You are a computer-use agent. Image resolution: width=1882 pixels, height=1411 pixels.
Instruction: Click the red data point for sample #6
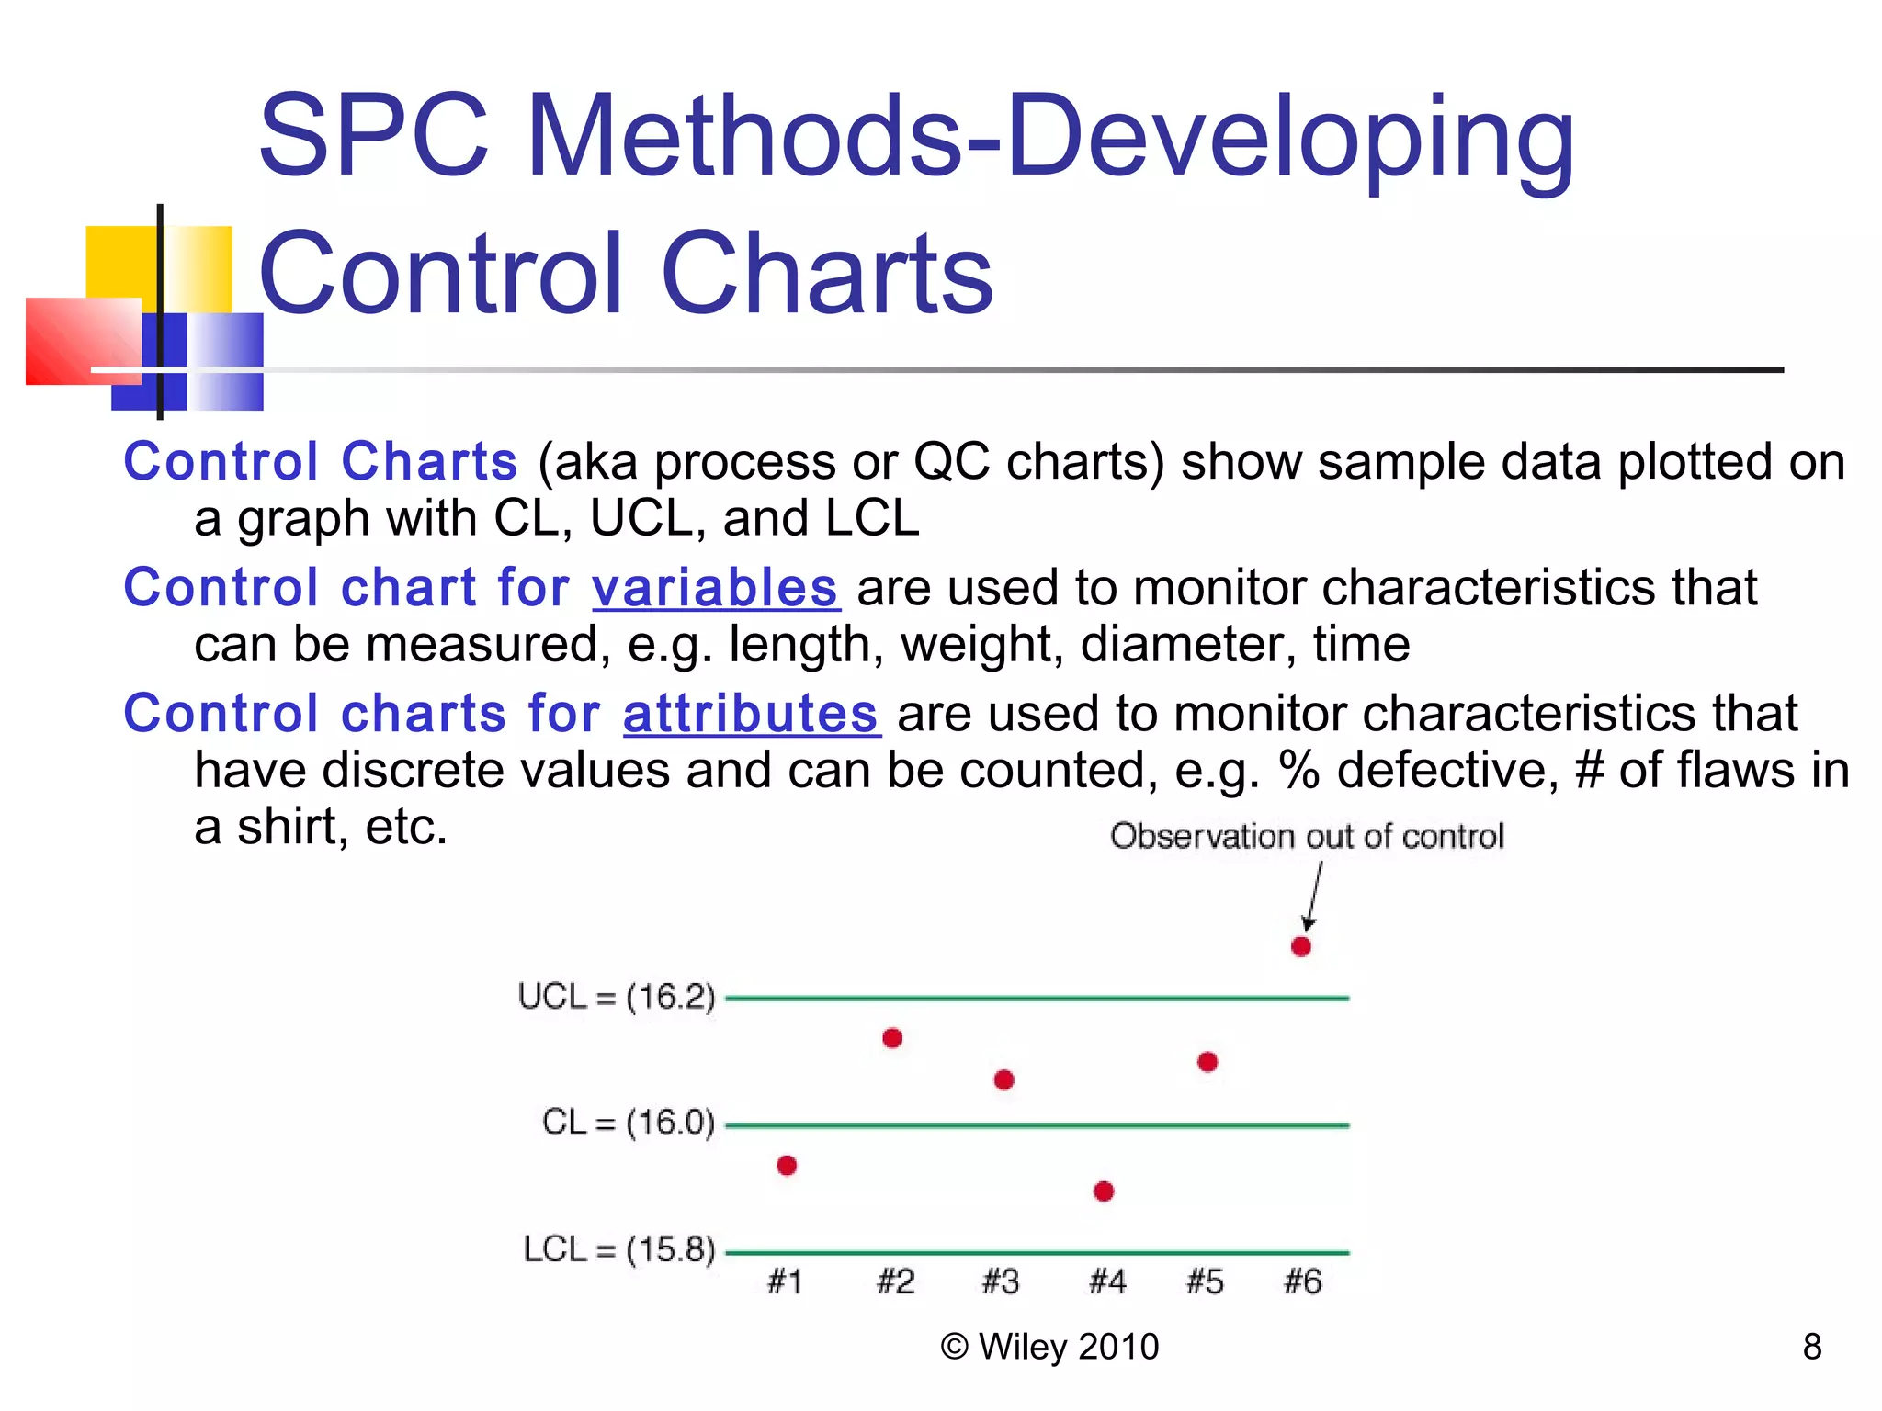[x=1300, y=946]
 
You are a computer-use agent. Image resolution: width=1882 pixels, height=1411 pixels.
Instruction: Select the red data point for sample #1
[x=787, y=1165]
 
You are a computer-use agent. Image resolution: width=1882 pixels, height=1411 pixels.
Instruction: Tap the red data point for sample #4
[x=1104, y=1191]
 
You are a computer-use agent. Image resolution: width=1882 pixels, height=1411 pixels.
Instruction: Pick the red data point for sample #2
[x=892, y=1038]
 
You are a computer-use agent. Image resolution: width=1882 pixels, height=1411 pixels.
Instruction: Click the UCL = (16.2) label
[x=616, y=997]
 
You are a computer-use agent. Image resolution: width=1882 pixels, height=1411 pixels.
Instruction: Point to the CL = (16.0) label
[x=628, y=1123]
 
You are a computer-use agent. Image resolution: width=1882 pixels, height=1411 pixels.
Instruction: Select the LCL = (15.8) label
[x=618, y=1249]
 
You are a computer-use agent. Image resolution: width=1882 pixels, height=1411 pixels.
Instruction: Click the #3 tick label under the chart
[x=1001, y=1281]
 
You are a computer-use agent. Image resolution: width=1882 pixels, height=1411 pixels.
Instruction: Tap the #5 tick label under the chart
[x=1205, y=1281]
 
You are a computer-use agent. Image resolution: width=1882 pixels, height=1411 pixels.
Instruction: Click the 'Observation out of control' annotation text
[x=1306, y=836]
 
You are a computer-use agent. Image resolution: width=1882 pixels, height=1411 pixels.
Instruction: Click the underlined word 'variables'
[x=715, y=588]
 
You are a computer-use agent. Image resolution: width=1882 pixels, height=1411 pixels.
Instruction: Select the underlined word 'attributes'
[x=751, y=714]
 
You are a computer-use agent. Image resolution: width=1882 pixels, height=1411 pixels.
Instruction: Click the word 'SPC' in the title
[x=373, y=136]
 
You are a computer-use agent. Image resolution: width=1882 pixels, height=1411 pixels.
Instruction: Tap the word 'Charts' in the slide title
[x=826, y=274]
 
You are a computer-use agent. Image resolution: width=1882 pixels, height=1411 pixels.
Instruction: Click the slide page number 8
[x=1811, y=1347]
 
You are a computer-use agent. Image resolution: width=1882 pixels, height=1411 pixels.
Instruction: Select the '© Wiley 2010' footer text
[x=1049, y=1347]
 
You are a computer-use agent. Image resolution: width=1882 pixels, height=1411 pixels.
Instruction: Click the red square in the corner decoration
[x=78, y=340]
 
